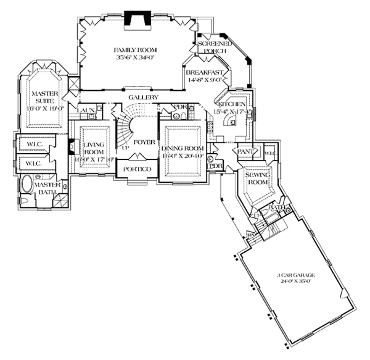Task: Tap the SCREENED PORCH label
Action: (x=214, y=48)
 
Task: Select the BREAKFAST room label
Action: (x=203, y=72)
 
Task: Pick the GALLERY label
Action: (x=144, y=98)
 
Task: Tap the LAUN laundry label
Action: (x=85, y=111)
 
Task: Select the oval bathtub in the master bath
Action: (x=27, y=185)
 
